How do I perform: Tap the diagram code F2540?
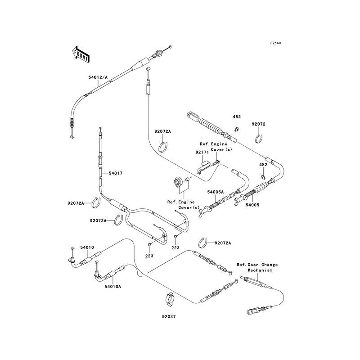(x=275, y=43)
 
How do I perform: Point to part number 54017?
(x=116, y=173)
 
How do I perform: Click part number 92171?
(x=201, y=153)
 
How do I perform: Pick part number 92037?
(x=170, y=316)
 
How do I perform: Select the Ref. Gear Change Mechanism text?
(x=257, y=268)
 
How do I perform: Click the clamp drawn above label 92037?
(x=170, y=299)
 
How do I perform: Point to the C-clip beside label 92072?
(x=260, y=137)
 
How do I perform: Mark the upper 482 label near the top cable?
(x=237, y=117)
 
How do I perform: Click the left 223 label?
(x=149, y=256)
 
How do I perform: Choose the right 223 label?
(x=175, y=247)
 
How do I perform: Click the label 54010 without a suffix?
(x=87, y=247)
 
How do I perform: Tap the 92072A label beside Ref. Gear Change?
(x=223, y=243)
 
